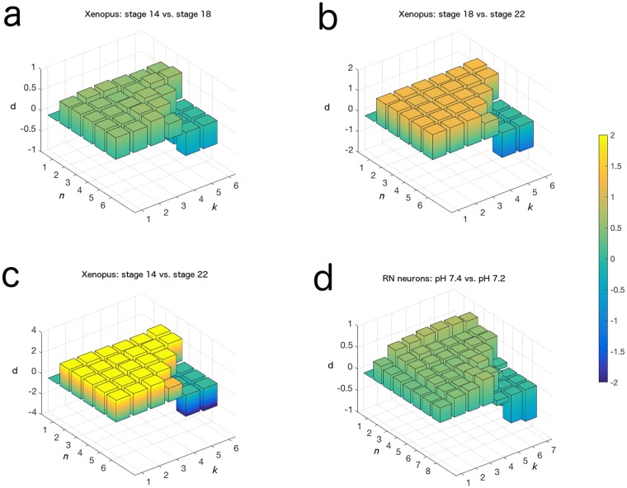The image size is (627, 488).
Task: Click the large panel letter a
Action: pyautogui.click(x=14, y=16)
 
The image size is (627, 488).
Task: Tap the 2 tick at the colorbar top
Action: pyautogui.click(x=617, y=136)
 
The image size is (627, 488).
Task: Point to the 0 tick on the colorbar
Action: pyautogui.click(x=617, y=259)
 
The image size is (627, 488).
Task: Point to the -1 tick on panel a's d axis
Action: pyautogui.click(x=31, y=149)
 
